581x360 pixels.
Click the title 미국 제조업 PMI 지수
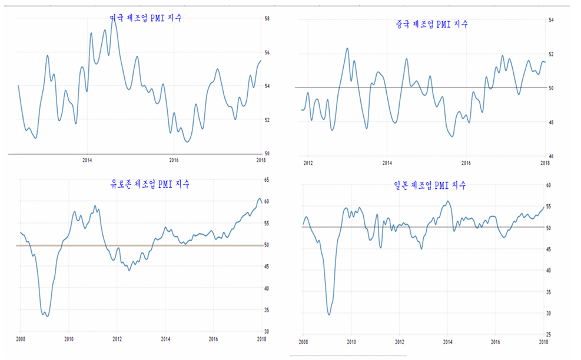point(146,18)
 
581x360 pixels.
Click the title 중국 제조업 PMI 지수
point(432,24)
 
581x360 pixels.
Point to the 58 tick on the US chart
point(267,19)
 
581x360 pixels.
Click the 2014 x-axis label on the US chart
point(87,160)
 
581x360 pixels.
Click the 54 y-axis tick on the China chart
point(552,21)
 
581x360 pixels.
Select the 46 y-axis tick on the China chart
point(552,156)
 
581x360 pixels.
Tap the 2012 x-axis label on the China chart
point(307,162)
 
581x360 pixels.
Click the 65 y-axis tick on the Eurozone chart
point(267,179)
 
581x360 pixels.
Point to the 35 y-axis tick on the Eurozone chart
point(267,310)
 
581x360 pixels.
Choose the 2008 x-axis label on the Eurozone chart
point(20,339)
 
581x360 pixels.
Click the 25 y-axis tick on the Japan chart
point(549,334)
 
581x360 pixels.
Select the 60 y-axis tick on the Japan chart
point(549,185)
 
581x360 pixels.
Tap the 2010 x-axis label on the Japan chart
point(351,341)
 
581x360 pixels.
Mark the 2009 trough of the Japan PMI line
point(328,315)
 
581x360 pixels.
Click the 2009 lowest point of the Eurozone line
point(47,316)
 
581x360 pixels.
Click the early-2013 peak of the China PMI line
point(347,48)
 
